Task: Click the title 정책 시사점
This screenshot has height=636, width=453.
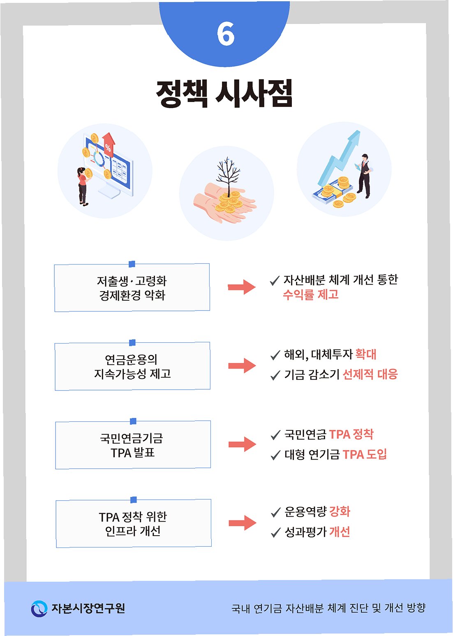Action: (x=224, y=93)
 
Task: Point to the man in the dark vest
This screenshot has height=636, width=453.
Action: (x=364, y=175)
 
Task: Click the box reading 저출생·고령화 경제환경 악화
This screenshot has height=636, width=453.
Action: (x=132, y=288)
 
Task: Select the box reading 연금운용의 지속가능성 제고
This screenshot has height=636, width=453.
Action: (x=132, y=366)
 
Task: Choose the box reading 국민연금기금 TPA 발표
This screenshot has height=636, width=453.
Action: (x=133, y=445)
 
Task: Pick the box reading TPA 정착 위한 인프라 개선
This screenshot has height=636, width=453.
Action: (x=133, y=523)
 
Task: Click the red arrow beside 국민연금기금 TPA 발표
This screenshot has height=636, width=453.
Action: (x=242, y=444)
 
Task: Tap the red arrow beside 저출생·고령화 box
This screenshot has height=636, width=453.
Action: (x=242, y=287)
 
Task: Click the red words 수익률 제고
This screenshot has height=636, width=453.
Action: (x=310, y=295)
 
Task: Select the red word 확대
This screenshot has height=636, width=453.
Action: (x=366, y=354)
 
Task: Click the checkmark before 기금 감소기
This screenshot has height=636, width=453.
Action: (x=275, y=376)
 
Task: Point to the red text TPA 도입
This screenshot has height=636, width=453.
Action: (x=365, y=455)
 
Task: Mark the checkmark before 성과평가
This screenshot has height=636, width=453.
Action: (x=275, y=533)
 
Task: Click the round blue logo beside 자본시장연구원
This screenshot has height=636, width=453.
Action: (x=39, y=608)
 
